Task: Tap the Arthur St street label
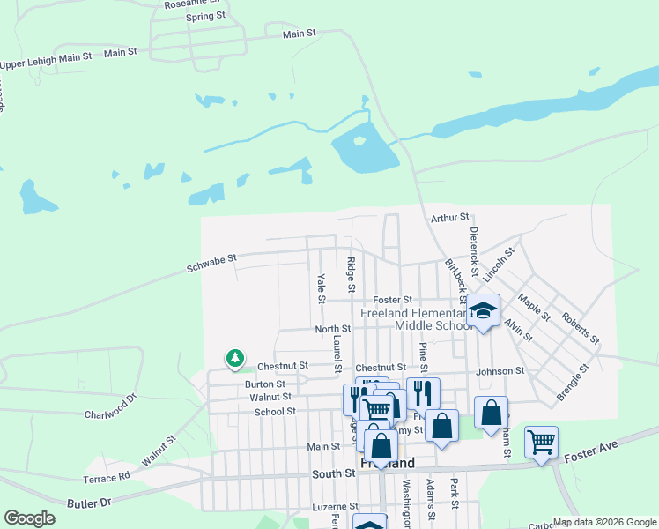(x=450, y=217)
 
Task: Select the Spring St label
(x=206, y=17)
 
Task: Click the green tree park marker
(x=234, y=358)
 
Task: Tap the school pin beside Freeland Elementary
(x=483, y=310)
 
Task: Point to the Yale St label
(x=321, y=286)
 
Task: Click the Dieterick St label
(x=473, y=248)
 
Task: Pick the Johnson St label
(x=500, y=371)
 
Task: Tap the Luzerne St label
(x=336, y=508)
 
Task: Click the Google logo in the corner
(x=29, y=519)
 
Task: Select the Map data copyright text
(x=604, y=522)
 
